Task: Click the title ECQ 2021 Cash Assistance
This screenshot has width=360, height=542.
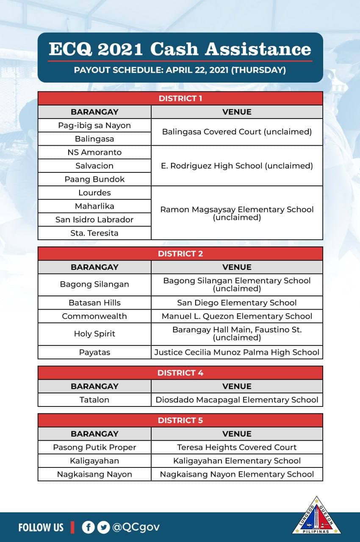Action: [180, 50]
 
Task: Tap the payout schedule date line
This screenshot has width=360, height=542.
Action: [180, 70]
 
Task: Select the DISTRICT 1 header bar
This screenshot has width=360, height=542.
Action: [180, 99]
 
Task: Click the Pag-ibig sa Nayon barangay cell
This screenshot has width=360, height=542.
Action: [94, 125]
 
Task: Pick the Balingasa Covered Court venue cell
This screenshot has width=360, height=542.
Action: [237, 132]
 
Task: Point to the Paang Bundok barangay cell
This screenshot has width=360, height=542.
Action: [94, 179]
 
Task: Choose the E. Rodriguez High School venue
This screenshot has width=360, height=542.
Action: [237, 166]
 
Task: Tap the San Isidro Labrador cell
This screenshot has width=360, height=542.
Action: [94, 219]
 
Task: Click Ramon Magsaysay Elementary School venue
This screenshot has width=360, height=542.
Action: [237, 213]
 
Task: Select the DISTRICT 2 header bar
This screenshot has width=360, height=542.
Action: [180, 254]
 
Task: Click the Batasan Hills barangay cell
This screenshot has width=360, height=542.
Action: [94, 303]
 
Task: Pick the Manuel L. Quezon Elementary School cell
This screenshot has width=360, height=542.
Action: [237, 316]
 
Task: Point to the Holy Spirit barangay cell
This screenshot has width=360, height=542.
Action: [94, 334]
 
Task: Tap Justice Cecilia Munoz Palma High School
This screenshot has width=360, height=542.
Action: [237, 352]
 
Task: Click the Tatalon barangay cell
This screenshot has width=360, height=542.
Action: [94, 400]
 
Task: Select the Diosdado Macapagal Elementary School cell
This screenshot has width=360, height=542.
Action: [237, 400]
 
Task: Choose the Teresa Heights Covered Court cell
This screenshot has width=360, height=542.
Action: [237, 447]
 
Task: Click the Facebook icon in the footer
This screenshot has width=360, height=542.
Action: [88, 527]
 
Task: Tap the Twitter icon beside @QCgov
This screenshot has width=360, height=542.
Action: [103, 527]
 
